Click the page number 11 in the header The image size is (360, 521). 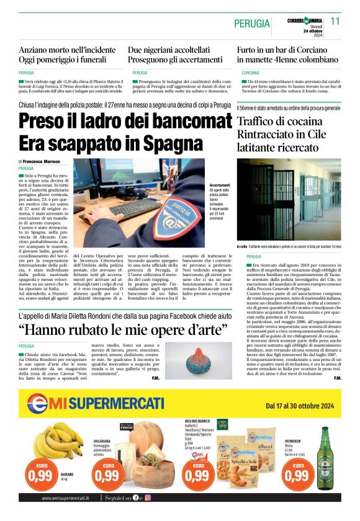[x=335, y=21]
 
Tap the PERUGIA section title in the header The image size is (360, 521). [x=252, y=24]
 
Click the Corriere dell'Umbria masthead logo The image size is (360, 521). [x=305, y=20]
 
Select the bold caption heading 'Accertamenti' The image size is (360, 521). [x=220, y=185]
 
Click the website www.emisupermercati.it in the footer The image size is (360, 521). [x=65, y=497]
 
